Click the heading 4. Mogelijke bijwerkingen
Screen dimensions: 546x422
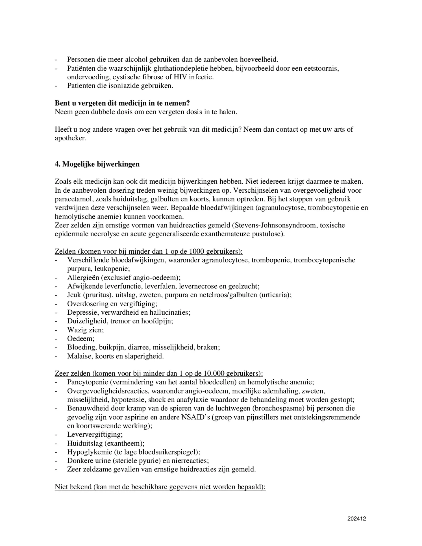click(x=97, y=164)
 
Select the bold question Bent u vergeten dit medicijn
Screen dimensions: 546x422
click(x=122, y=103)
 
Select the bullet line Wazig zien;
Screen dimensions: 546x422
click(x=85, y=330)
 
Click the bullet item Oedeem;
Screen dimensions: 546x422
click(x=81, y=338)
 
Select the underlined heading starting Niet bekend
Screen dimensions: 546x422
click(x=160, y=487)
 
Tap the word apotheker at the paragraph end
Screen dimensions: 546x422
click(x=70, y=138)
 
